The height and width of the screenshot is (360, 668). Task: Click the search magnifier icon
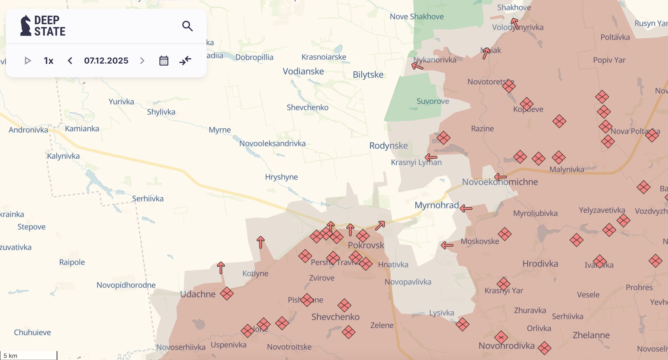(187, 26)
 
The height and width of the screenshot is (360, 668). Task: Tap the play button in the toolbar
(28, 61)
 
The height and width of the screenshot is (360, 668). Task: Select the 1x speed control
(49, 61)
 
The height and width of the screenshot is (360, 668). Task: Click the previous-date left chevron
(70, 61)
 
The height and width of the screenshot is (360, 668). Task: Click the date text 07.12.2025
(106, 61)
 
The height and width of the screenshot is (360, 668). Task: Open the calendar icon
(164, 61)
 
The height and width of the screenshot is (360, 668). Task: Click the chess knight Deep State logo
(26, 26)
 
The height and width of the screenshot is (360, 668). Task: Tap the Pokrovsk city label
(366, 245)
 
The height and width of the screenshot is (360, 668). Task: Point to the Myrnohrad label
(436, 205)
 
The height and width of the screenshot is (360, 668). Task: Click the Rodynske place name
(388, 146)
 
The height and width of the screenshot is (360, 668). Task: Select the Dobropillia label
(254, 57)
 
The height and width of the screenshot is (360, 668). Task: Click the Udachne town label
(198, 294)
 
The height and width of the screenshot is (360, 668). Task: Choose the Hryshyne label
(281, 177)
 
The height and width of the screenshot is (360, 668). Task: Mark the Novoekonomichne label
(500, 182)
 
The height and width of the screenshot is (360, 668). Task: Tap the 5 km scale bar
(29, 356)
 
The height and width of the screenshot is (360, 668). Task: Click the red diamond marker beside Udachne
(227, 293)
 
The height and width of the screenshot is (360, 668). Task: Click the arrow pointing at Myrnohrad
(466, 209)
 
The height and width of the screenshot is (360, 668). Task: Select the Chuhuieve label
(32, 332)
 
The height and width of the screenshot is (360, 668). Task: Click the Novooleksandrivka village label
(272, 144)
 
